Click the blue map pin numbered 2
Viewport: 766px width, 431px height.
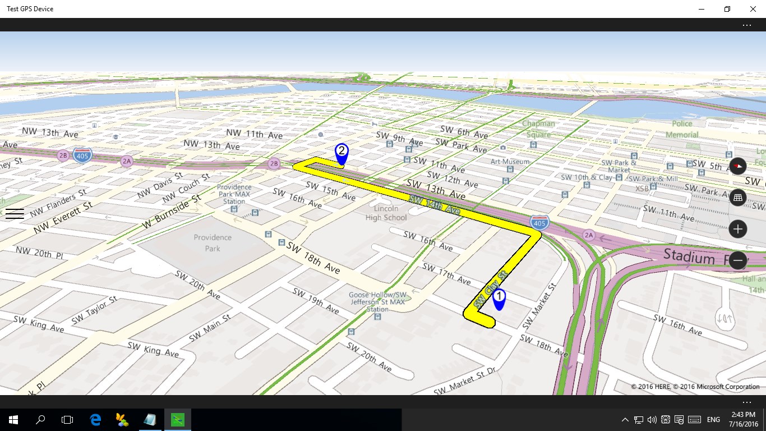coord(341,153)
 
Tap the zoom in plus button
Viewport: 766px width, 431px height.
coord(737,229)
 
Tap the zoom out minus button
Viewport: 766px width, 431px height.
coord(737,260)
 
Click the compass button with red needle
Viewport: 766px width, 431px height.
coord(737,166)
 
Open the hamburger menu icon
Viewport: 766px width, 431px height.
coord(15,213)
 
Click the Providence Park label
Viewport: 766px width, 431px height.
coord(213,242)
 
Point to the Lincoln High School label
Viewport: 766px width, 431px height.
coord(386,213)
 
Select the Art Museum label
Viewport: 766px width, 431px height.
coord(510,162)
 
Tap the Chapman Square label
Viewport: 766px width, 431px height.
coord(538,129)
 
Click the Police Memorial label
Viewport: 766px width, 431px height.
coord(682,129)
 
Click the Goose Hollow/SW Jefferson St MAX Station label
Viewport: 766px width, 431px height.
coord(377,302)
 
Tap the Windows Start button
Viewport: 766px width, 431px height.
coord(13,419)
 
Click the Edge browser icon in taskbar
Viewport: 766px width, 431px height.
coord(95,419)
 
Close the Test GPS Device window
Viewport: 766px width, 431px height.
coord(753,9)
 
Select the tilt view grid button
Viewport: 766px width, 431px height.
coord(737,197)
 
